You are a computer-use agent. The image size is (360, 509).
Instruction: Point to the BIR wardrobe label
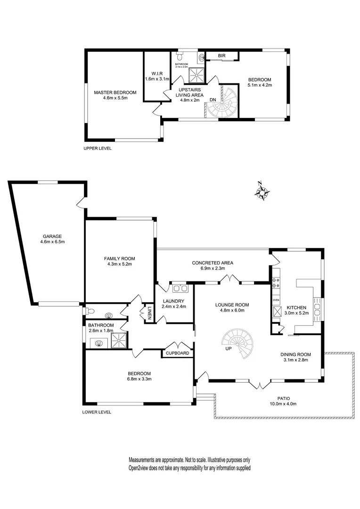click(x=221, y=56)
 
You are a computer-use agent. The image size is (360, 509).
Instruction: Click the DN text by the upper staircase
click(x=213, y=99)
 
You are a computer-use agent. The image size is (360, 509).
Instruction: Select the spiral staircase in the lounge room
click(x=238, y=342)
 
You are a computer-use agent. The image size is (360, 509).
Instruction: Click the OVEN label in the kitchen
click(x=276, y=300)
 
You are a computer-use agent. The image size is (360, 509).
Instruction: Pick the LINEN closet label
click(x=149, y=313)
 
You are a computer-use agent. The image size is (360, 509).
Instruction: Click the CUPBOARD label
click(x=177, y=353)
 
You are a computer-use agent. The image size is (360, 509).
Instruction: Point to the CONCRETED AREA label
click(x=212, y=263)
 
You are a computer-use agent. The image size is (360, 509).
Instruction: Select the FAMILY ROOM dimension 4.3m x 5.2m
click(x=120, y=264)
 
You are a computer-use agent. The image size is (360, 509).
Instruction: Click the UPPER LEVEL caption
click(x=97, y=148)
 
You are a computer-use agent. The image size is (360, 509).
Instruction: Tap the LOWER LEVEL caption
click(x=97, y=412)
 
